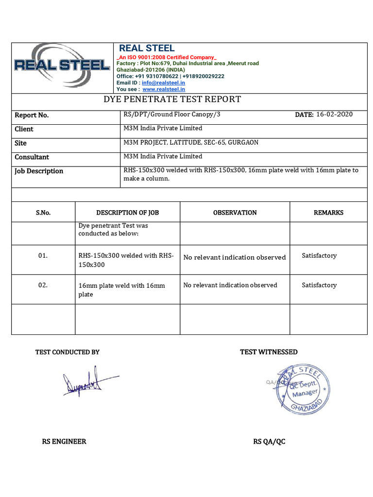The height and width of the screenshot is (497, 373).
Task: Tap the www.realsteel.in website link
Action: (163, 89)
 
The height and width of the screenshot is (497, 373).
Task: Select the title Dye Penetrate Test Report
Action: (172, 99)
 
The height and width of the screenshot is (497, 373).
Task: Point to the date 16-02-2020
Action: (334, 115)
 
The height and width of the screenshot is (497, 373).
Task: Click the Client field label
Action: (24, 129)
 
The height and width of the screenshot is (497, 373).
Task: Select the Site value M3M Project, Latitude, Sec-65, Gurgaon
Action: (191, 143)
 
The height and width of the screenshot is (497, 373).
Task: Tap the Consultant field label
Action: (32, 157)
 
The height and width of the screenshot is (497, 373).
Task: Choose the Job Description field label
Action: (39, 171)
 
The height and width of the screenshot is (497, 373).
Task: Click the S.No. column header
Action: (43, 213)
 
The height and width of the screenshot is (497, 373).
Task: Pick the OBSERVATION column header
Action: (235, 213)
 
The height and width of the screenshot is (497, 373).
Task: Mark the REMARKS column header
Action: (328, 213)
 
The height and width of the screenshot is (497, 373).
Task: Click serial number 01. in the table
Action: (43, 256)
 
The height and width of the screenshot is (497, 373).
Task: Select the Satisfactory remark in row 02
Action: (319, 285)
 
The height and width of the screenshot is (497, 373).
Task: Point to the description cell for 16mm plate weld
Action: (121, 290)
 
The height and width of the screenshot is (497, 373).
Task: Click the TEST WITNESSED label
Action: (269, 352)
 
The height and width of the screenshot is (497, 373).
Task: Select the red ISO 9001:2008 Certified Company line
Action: (167, 57)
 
